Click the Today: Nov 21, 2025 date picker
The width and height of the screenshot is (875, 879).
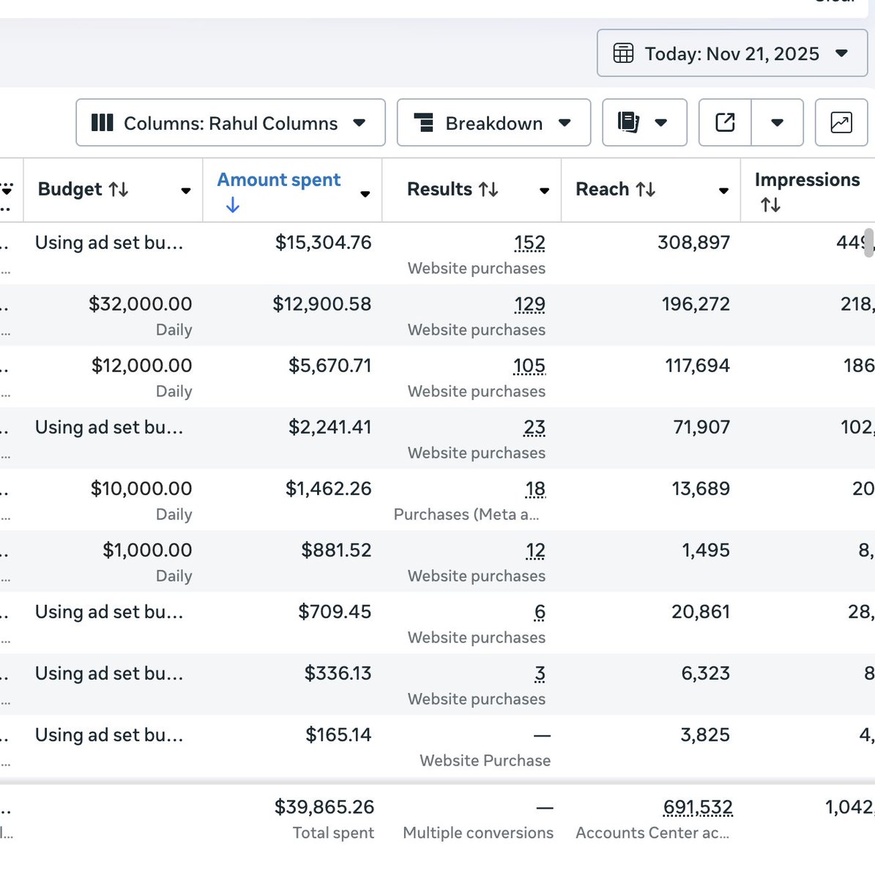pyautogui.click(x=731, y=53)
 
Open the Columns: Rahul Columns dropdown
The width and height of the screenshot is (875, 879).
pyautogui.click(x=230, y=123)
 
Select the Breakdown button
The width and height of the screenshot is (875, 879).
pyautogui.click(x=494, y=123)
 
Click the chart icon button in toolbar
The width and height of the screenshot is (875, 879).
pyautogui.click(x=841, y=122)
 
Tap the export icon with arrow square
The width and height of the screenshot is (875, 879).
pyautogui.click(x=725, y=122)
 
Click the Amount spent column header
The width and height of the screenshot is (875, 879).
pyautogui.click(x=279, y=180)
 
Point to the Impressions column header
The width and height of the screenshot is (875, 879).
pyautogui.click(x=807, y=180)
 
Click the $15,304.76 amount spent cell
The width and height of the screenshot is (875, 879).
pyautogui.click(x=323, y=242)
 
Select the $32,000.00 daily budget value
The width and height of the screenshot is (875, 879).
pyautogui.click(x=140, y=304)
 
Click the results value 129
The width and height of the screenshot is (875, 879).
pyautogui.click(x=529, y=304)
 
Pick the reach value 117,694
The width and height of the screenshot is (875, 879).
pyautogui.click(x=697, y=366)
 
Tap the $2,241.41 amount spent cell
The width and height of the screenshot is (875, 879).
pyautogui.click(x=329, y=427)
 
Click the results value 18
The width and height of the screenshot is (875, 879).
pyautogui.click(x=535, y=489)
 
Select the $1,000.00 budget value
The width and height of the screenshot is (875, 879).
pyautogui.click(x=147, y=550)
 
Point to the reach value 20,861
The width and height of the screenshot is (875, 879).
pyautogui.click(x=701, y=612)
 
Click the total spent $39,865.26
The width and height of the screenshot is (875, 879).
pyautogui.click(x=324, y=807)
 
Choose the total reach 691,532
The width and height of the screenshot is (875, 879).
pyautogui.click(x=697, y=807)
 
